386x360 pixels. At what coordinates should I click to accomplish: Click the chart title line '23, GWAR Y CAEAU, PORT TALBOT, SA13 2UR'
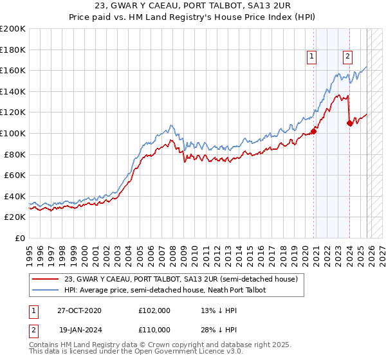click(193, 6)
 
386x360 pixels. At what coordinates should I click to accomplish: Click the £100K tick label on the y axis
click(13, 133)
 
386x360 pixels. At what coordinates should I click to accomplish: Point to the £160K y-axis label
click(13, 70)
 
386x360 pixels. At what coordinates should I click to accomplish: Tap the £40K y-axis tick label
click(15, 196)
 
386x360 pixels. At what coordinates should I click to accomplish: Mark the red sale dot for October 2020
click(313, 131)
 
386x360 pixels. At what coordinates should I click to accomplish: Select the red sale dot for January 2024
click(349, 123)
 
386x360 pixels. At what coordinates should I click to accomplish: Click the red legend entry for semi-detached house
click(181, 280)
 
